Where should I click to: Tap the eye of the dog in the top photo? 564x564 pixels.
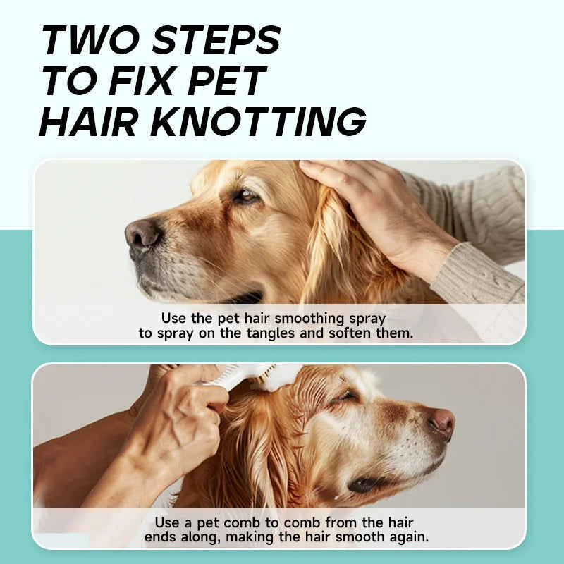[246, 196]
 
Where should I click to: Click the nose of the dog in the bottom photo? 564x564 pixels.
[443, 421]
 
